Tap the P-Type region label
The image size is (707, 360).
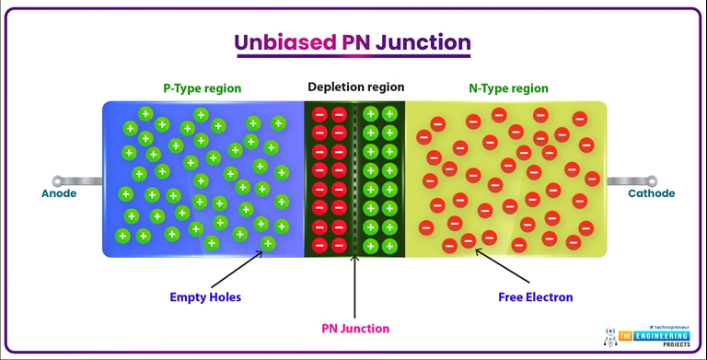[202, 88]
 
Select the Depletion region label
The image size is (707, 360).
[355, 87]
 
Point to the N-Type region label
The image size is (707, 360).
[508, 88]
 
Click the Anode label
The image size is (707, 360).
[59, 193]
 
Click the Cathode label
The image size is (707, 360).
[651, 193]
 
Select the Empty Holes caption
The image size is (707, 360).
[204, 297]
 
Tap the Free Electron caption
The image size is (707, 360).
[535, 297]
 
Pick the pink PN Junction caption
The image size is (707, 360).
[355, 329]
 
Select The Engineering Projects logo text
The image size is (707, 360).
[653, 338]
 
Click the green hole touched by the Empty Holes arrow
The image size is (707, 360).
[268, 243]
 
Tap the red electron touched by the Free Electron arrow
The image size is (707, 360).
[469, 241]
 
